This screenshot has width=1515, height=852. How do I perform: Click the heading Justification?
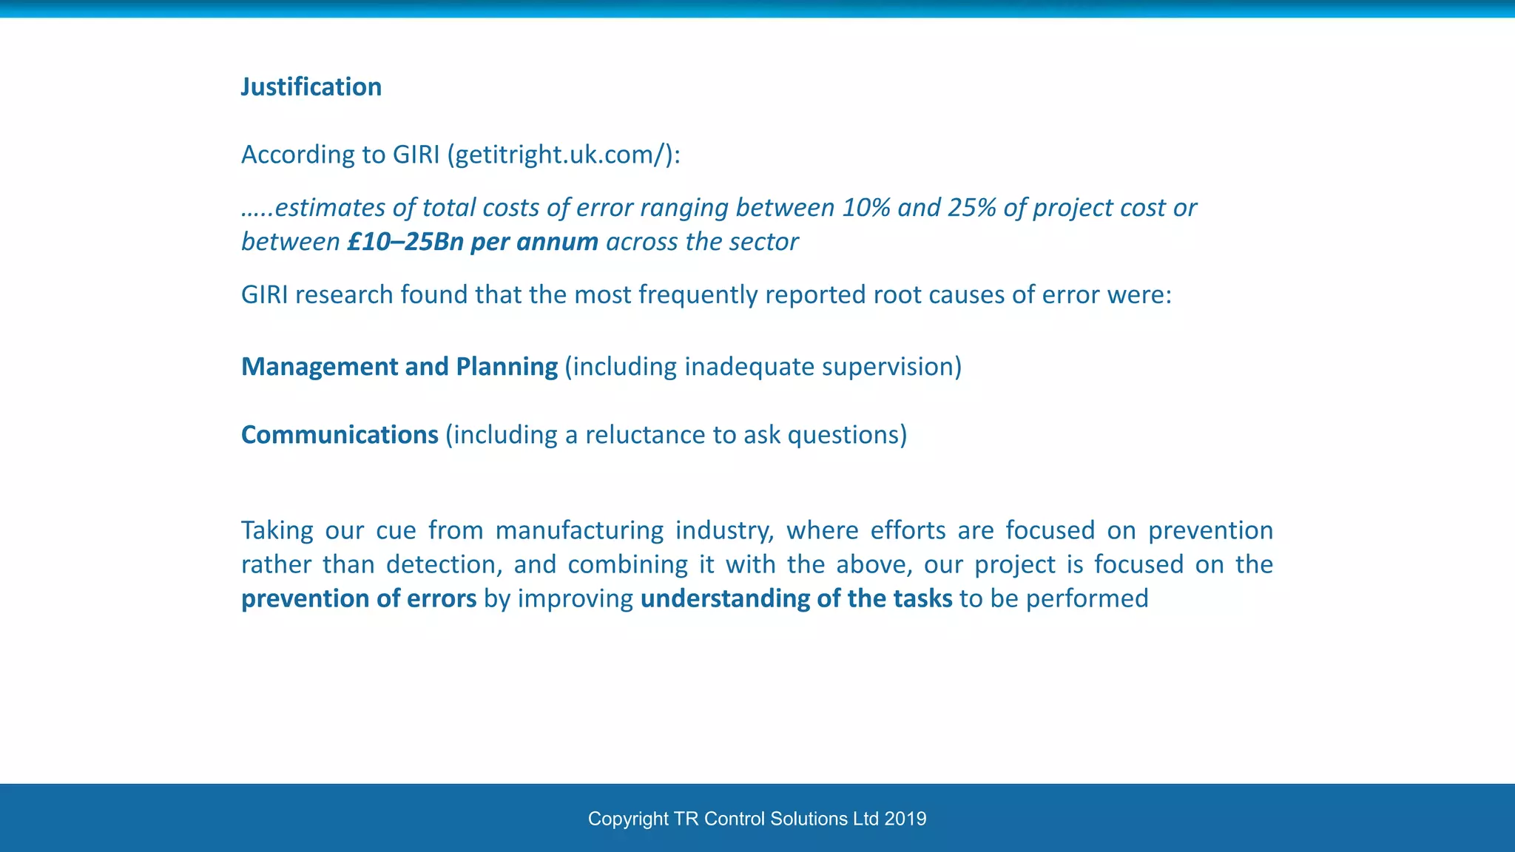click(311, 87)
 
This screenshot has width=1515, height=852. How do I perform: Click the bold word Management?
click(320, 367)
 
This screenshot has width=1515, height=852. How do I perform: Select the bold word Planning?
click(507, 367)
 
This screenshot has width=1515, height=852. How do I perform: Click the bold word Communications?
click(340, 435)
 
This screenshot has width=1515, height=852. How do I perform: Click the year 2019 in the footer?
click(905, 819)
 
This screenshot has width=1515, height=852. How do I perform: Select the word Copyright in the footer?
click(628, 819)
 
